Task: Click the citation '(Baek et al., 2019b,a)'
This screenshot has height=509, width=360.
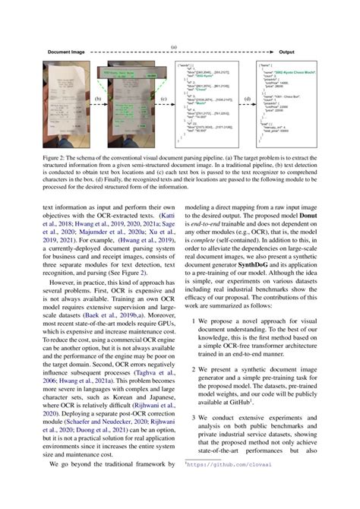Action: [114, 315]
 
